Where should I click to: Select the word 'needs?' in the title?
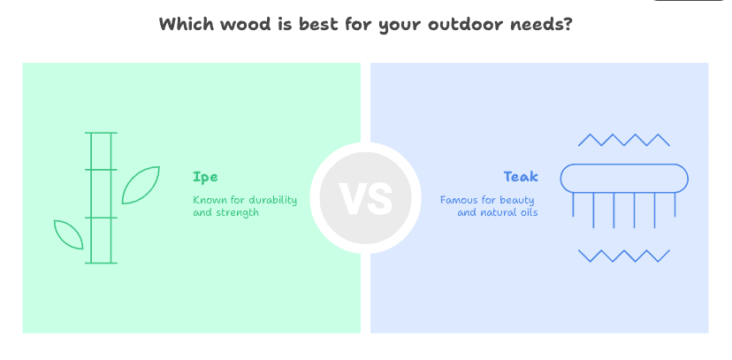tap(545, 24)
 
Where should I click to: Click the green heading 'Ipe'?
tap(205, 177)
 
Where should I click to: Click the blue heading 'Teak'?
tap(521, 177)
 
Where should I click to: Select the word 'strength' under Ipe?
tap(238, 213)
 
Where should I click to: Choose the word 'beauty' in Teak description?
tap(518, 200)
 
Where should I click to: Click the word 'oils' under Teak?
tap(527, 213)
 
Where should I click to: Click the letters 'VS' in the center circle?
tap(366, 198)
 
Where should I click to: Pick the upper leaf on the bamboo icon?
tap(141, 184)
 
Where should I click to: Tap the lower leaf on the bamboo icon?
tap(69, 234)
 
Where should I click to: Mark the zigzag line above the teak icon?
tap(624, 140)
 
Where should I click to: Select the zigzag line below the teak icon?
tap(624, 256)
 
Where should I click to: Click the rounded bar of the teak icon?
tap(624, 178)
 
